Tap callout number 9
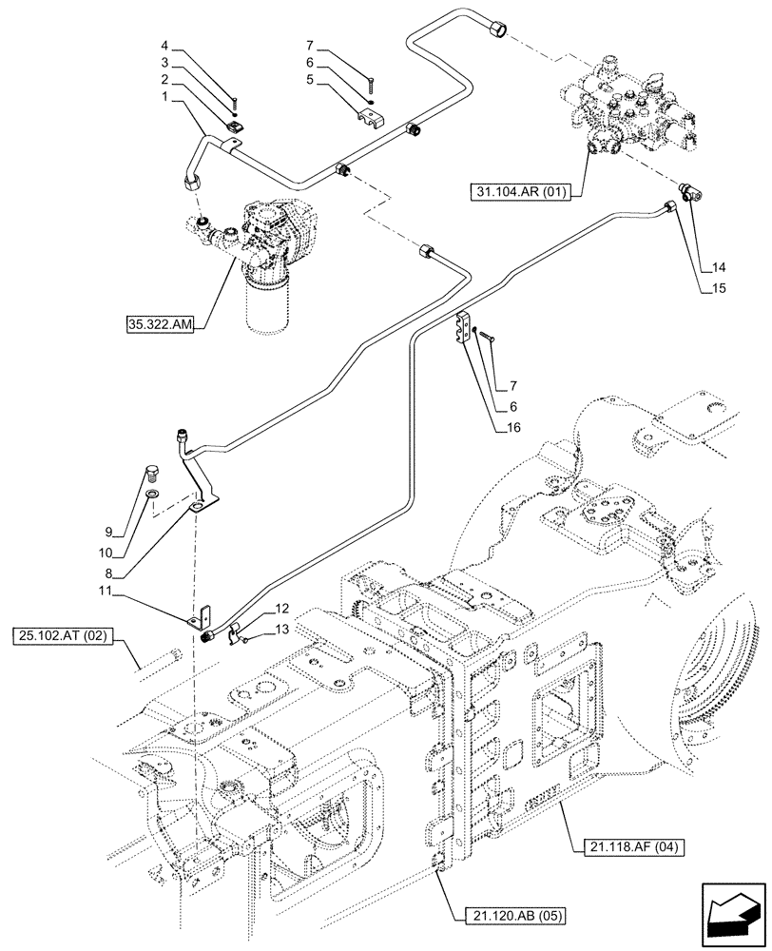109,532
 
